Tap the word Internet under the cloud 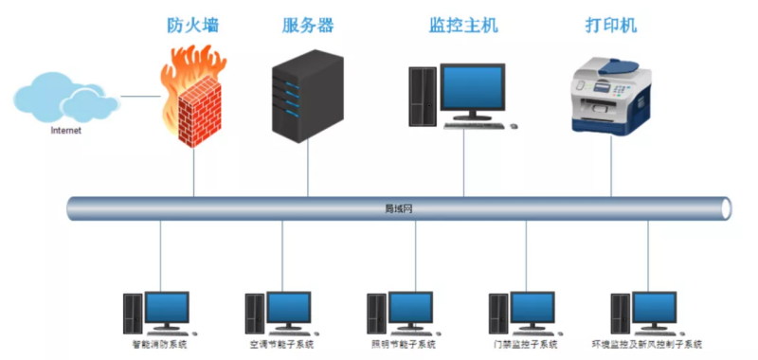click(66, 132)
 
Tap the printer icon click(610, 95)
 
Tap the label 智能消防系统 click(158, 345)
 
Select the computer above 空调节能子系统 click(280, 314)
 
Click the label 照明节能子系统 click(402, 345)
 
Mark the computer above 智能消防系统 click(158, 314)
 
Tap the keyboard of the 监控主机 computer click(478, 124)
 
